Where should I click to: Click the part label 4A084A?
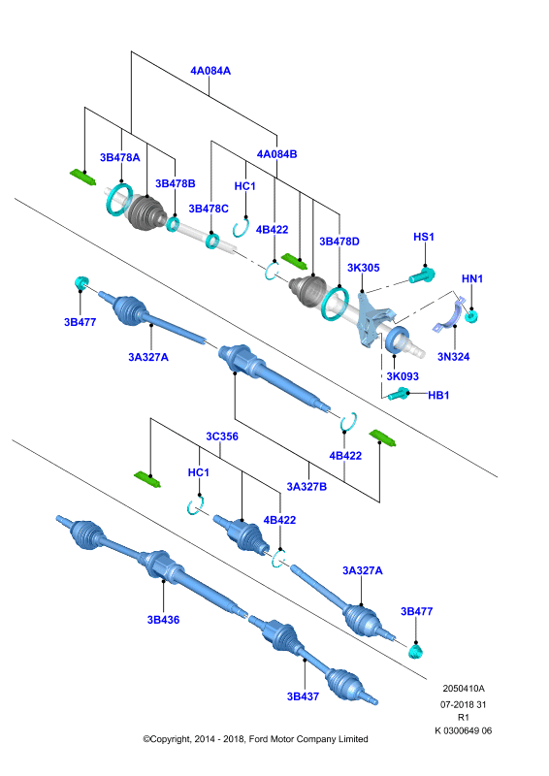(210, 71)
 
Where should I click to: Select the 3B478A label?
(120, 157)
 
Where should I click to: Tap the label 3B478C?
(209, 209)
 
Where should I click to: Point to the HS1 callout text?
(424, 237)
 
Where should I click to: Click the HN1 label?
(471, 278)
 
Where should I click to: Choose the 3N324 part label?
(453, 356)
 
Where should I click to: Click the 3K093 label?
(403, 376)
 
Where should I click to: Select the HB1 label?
(438, 395)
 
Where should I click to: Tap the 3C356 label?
(222, 436)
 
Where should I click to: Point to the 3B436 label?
(163, 620)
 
